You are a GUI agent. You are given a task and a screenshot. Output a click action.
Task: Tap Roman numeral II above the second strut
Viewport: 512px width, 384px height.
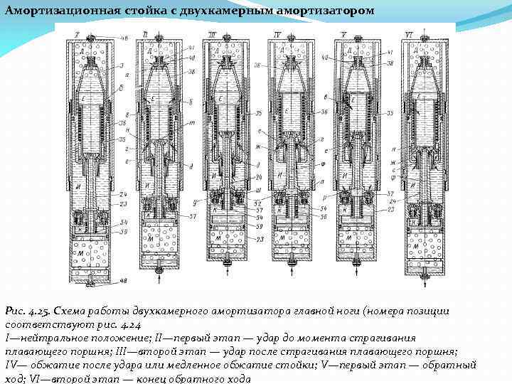[x=146, y=33]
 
